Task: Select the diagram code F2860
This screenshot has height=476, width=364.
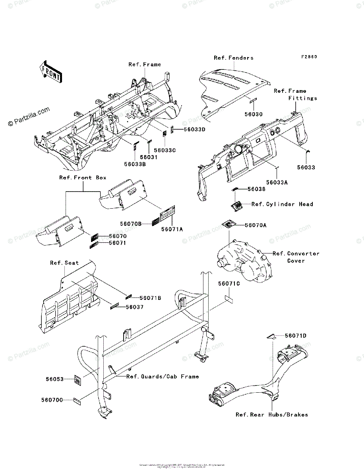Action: [309, 57]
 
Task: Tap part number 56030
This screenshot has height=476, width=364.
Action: [253, 114]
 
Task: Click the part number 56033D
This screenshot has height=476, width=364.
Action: [194, 129]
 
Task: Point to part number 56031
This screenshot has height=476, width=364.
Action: [151, 157]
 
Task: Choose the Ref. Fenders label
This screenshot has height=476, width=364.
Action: [233, 58]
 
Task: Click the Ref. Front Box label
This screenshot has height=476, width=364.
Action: [83, 178]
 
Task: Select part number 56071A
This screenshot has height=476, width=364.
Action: [172, 229]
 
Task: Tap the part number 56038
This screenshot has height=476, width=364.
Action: [256, 189]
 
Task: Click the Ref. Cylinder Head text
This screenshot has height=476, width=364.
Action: [282, 204]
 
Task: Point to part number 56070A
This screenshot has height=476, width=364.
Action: [256, 225]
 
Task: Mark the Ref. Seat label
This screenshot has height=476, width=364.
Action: [64, 263]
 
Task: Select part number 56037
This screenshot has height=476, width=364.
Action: [135, 307]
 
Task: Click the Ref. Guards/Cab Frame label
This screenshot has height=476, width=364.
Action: [163, 376]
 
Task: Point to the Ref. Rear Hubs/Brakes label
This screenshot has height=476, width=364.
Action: [272, 415]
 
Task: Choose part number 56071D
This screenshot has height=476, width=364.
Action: [295, 336]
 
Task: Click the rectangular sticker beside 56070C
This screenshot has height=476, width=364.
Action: [77, 401]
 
